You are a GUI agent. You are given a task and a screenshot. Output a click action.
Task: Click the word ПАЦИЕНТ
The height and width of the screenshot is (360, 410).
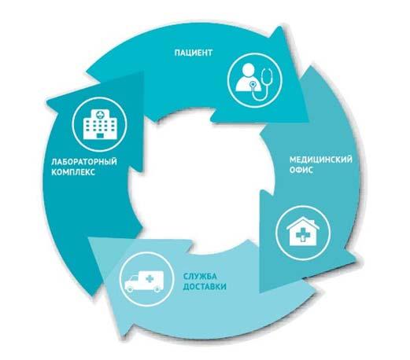click(193, 53)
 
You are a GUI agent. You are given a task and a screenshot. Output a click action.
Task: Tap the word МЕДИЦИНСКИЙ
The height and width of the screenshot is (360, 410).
click(321, 160)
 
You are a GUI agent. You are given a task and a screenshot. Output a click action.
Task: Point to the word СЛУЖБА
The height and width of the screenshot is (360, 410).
click(200, 276)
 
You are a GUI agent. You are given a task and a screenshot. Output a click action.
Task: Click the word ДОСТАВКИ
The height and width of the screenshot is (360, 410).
click(205, 287)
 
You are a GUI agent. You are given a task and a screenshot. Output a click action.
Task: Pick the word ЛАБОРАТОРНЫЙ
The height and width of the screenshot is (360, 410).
click(84, 161)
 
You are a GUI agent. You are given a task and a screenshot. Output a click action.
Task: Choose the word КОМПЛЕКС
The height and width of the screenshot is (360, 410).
click(73, 172)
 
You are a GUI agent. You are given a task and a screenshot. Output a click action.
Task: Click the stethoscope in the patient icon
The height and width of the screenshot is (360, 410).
click(261, 84)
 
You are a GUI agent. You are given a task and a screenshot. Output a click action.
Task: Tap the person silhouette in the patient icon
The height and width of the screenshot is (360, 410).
click(248, 78)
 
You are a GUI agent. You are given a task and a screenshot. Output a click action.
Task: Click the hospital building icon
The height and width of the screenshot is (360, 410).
click(100, 124)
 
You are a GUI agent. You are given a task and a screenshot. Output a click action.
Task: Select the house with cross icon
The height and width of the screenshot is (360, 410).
click(303, 231)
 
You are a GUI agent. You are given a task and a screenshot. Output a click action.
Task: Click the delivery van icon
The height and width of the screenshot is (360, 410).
click(144, 281)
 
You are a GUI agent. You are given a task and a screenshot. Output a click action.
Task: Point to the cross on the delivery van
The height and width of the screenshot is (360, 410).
click(150, 278)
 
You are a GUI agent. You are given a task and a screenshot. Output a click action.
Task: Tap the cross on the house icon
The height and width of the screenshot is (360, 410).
click(302, 233)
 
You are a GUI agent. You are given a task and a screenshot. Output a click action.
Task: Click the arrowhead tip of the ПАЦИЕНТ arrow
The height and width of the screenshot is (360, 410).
click(308, 122)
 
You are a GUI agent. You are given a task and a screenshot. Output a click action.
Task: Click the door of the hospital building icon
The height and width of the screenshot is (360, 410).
click(100, 136)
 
